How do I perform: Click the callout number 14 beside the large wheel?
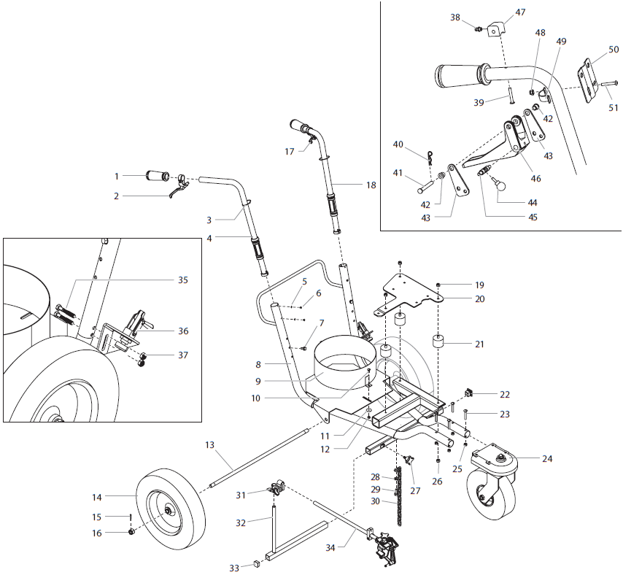(97, 497)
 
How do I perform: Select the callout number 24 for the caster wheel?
(547, 459)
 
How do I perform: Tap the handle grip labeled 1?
(155, 176)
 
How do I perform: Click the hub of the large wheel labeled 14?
(167, 512)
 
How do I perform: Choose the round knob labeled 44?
(500, 185)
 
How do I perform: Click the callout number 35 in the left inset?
(182, 279)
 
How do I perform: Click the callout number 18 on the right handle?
(371, 185)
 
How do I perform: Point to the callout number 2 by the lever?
(116, 196)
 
